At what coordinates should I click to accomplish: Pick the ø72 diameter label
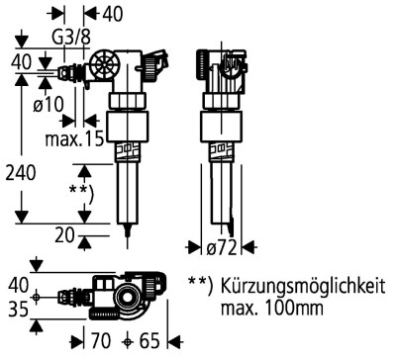(225, 245)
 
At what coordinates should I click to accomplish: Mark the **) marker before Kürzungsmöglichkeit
(199, 283)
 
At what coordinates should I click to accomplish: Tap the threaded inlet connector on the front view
(67, 72)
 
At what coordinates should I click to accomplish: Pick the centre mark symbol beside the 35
(38, 297)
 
